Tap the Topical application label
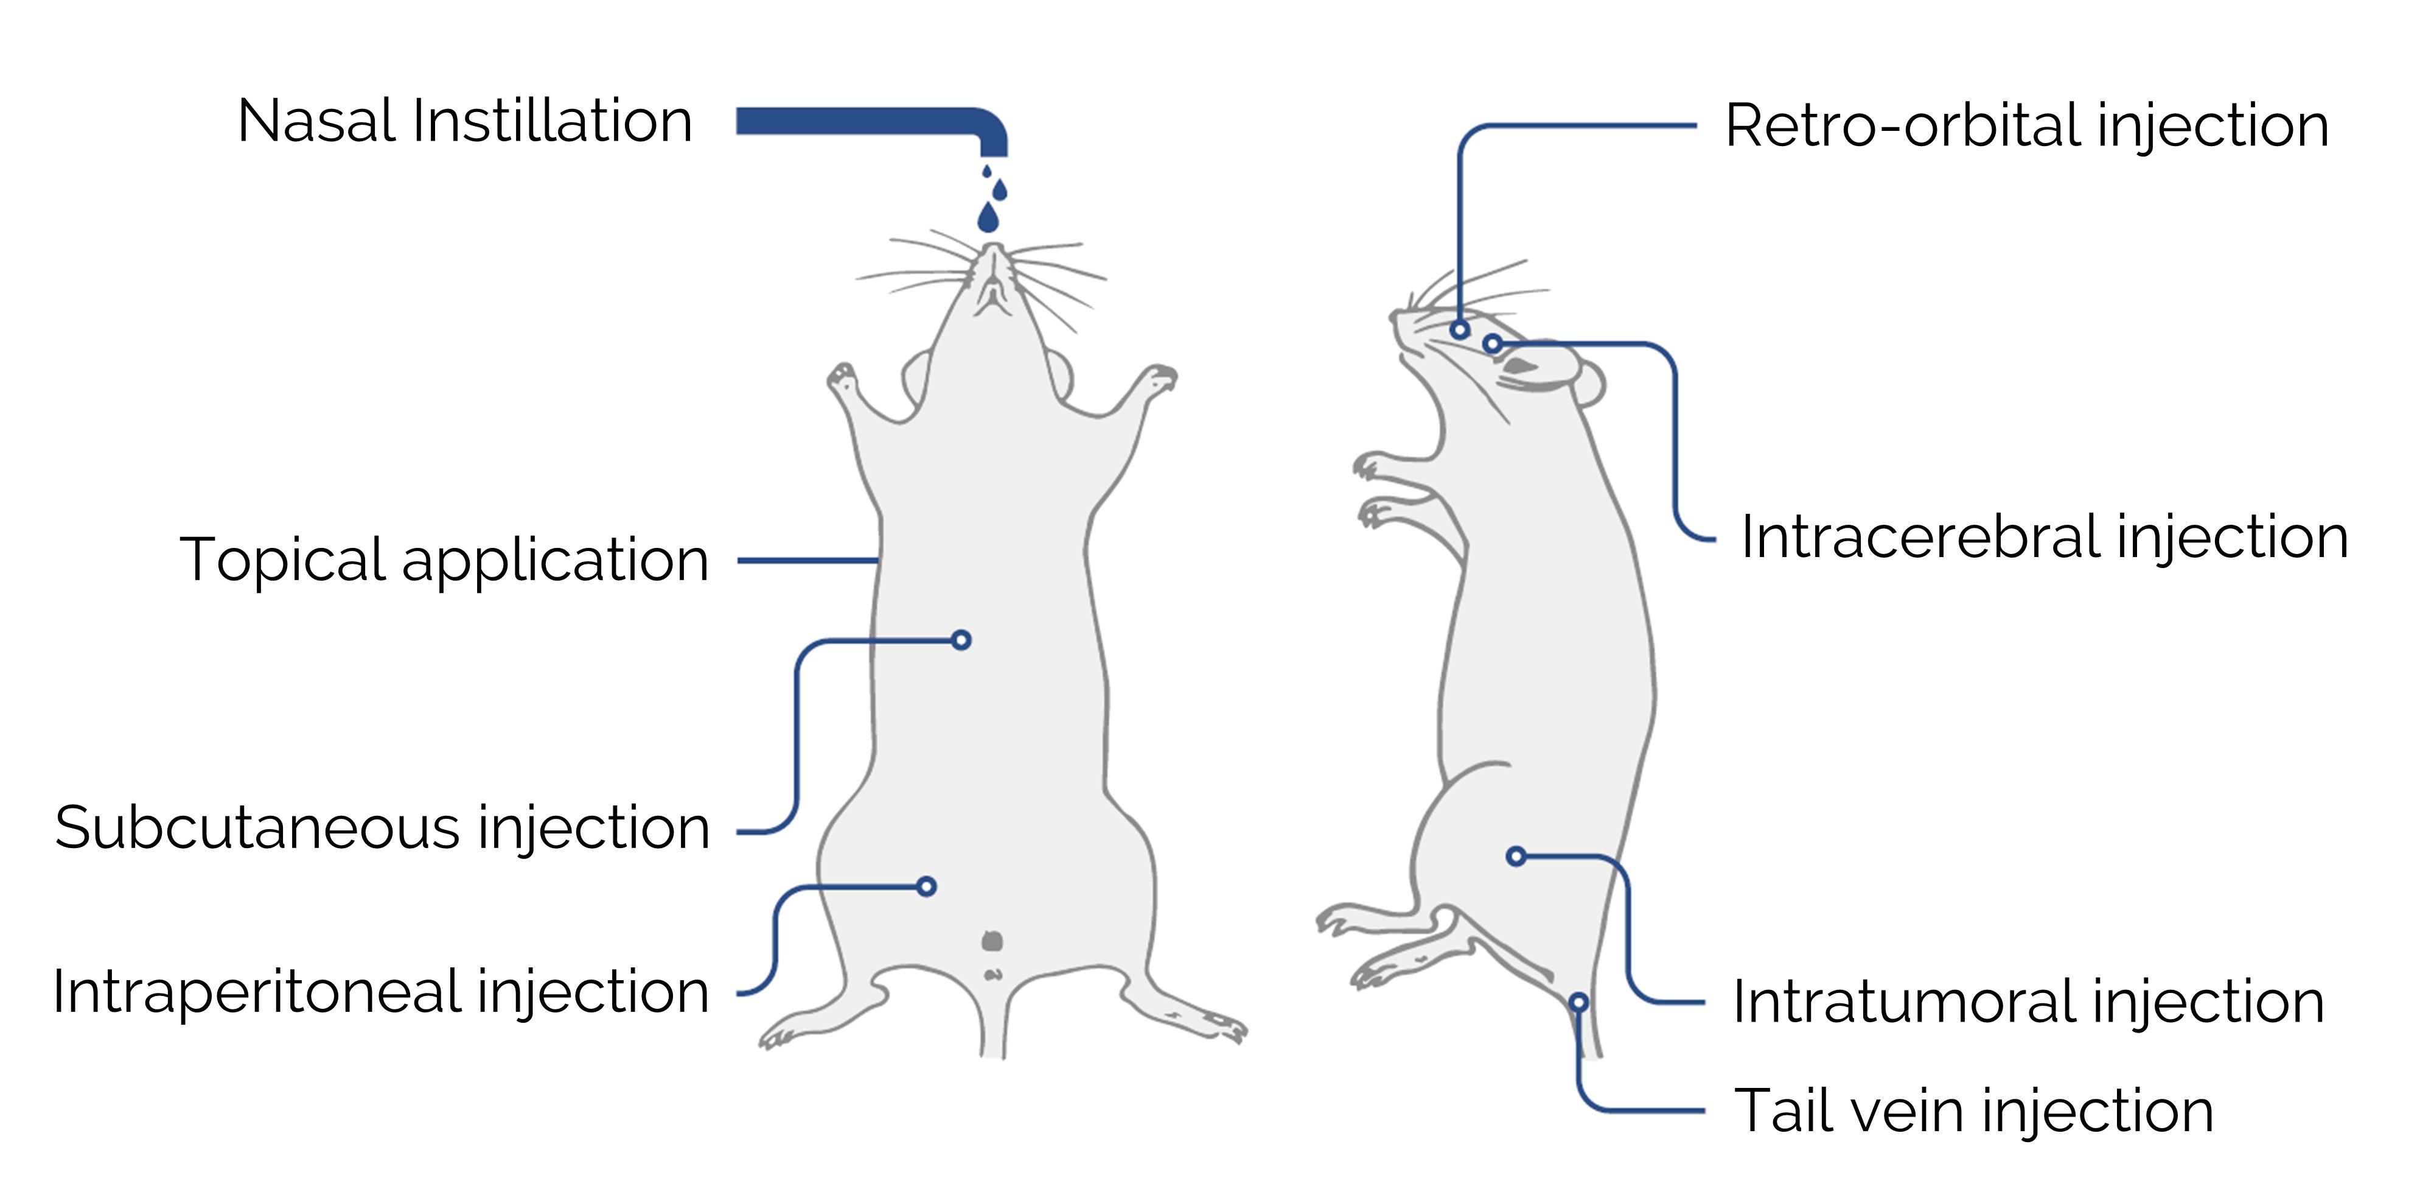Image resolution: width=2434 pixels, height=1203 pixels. (x=444, y=559)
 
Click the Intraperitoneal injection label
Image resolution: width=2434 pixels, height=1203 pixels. (x=381, y=992)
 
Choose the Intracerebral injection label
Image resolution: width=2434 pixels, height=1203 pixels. (x=2045, y=537)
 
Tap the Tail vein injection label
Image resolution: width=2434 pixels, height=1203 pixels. (x=1974, y=1110)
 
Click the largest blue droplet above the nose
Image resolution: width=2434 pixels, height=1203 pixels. (x=988, y=219)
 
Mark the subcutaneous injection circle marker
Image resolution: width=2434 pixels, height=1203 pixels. (x=961, y=640)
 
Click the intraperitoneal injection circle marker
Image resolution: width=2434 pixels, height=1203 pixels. (x=927, y=886)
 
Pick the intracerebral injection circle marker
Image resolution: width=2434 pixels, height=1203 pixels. (x=1492, y=344)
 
